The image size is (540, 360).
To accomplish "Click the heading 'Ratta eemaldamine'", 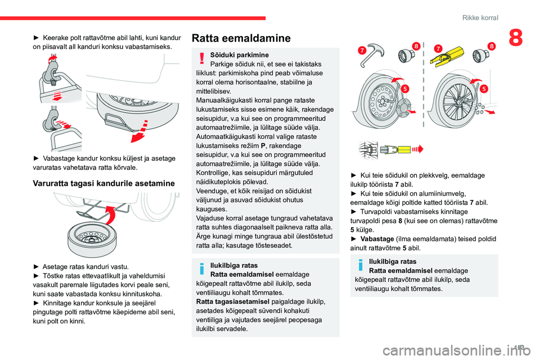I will click(241, 38).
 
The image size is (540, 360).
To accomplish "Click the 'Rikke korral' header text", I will click(480, 18).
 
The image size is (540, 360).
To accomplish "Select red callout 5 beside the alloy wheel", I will click(483, 88).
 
